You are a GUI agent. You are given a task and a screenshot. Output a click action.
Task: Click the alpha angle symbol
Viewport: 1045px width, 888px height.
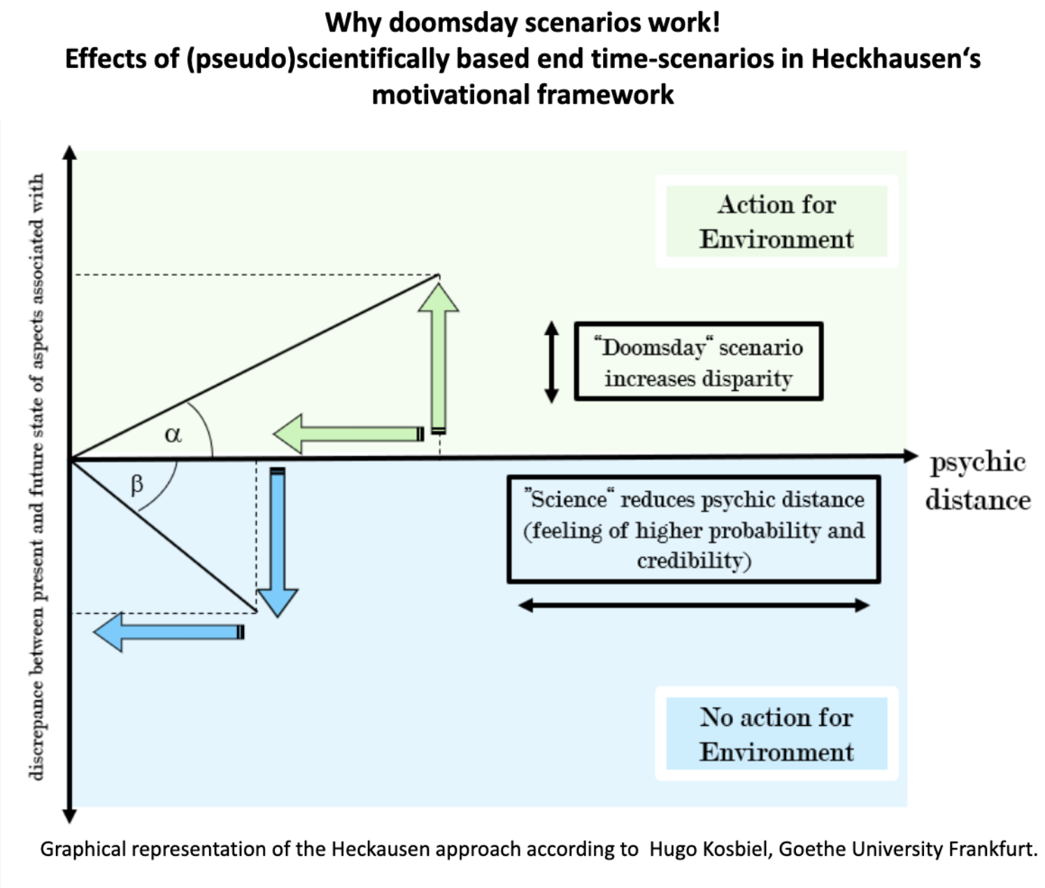coord(173,435)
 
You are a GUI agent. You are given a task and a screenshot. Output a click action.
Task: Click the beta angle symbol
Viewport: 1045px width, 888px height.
coord(137,484)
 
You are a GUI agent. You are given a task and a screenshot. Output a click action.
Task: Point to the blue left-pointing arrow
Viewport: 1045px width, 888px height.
coord(169,632)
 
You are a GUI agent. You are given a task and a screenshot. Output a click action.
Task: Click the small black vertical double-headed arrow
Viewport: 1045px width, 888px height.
coord(552,361)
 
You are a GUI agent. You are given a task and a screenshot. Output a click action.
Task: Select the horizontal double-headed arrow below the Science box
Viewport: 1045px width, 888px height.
coord(694,606)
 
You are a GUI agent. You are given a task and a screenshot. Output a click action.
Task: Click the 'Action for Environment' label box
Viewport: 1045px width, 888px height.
coord(776,222)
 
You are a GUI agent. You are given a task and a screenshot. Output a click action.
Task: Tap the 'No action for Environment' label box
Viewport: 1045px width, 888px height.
coord(776,734)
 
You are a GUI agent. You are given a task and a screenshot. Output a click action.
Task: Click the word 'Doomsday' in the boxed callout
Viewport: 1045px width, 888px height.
coord(653,348)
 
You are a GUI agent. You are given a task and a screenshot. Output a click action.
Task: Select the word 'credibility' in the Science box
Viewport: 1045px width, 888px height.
coord(693,561)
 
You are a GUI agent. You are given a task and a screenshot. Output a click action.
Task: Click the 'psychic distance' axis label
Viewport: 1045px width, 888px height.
coord(977,480)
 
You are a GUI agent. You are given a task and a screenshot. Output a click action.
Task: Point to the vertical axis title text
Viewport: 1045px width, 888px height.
coord(36,475)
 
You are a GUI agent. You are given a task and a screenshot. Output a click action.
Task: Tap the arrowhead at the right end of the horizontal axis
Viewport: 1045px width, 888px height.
coord(910,457)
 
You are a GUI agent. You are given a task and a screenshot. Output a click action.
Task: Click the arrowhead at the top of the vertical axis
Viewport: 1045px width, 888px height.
coord(69,152)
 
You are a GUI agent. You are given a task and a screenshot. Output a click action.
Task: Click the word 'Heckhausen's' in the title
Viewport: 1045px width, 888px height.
coord(895,59)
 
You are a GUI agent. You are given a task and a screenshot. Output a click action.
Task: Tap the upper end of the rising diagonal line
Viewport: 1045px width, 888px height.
coord(439,275)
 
